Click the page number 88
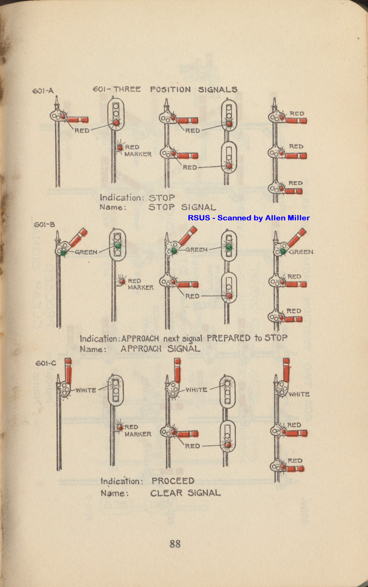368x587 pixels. click(x=175, y=544)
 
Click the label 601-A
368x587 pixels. click(x=43, y=91)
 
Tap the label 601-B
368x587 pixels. click(x=44, y=224)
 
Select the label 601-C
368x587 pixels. click(x=46, y=363)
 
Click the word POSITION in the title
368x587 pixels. click(x=170, y=90)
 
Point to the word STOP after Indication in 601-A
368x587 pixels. click(x=162, y=198)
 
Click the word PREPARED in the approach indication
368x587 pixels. click(x=229, y=338)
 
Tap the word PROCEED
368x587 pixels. click(x=173, y=481)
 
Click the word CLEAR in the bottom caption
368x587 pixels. click(x=166, y=493)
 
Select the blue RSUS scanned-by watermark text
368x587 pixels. click(x=248, y=218)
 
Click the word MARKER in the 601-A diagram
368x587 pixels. click(x=138, y=154)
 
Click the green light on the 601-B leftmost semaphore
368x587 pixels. click(x=64, y=252)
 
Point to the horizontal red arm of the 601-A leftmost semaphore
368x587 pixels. click(x=78, y=120)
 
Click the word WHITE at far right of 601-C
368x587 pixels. click(x=299, y=394)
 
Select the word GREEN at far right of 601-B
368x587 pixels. click(x=301, y=252)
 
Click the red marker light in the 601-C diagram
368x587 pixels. click(x=120, y=427)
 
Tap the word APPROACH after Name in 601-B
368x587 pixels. click(x=141, y=349)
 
